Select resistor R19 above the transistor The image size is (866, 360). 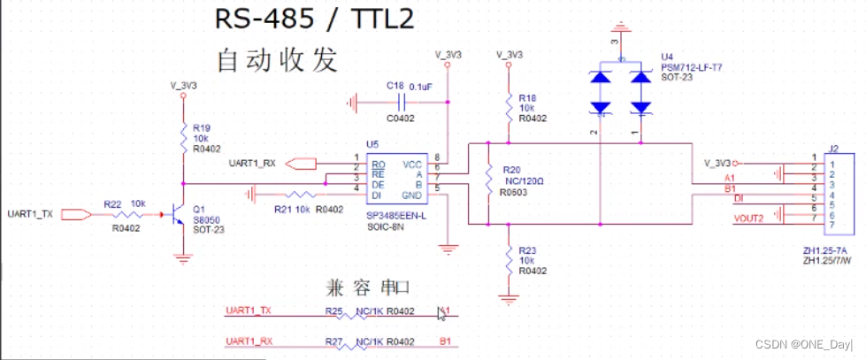click(183, 137)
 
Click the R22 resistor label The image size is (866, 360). click(112, 203)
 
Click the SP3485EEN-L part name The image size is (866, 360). click(395, 216)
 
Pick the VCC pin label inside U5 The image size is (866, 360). click(411, 165)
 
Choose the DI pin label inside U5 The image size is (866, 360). click(378, 195)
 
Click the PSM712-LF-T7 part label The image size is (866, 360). click(691, 67)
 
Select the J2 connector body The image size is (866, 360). click(832, 198)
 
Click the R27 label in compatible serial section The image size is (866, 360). click(333, 341)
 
